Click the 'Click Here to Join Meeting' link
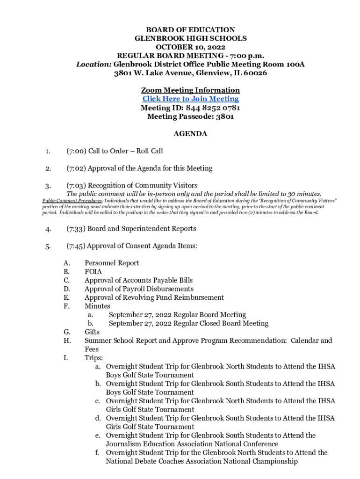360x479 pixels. [190, 99]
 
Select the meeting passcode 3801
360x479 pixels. [224, 116]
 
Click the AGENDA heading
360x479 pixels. [190, 134]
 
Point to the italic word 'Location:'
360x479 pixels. [94, 64]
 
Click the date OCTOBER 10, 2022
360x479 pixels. [190, 47]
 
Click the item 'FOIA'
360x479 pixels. [93, 271]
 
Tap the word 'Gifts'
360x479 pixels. [92, 332]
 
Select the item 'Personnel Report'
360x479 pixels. [112, 263]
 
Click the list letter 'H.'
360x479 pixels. [67, 341]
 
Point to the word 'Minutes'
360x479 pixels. [97, 306]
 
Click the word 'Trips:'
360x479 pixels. [94, 358]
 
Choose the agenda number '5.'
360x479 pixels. [48, 246]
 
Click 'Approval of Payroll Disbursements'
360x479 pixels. [139, 289]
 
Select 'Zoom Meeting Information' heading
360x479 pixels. [190, 90]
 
